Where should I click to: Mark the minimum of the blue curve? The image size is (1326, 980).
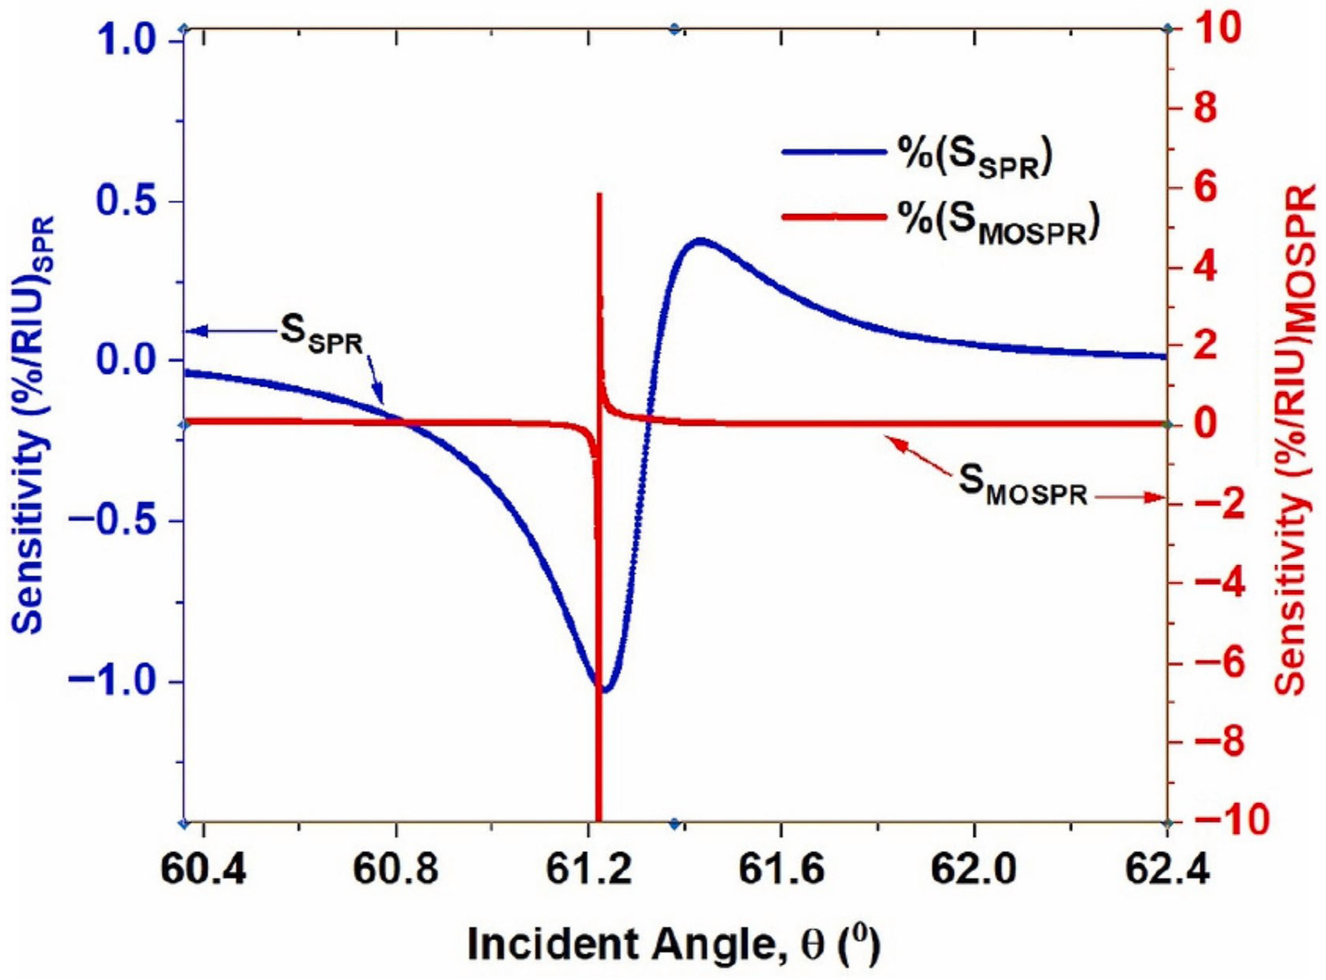(604, 690)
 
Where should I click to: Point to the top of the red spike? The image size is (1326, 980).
(599, 195)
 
